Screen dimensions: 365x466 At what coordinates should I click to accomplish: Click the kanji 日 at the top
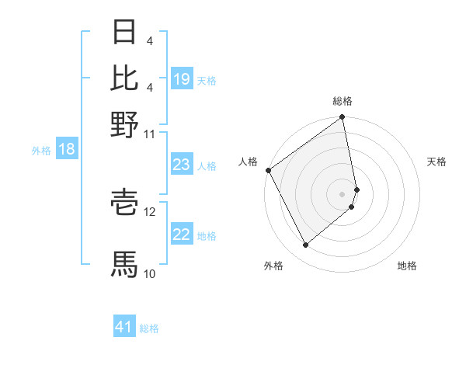[124, 33]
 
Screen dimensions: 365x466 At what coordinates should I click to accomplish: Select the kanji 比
[124, 78]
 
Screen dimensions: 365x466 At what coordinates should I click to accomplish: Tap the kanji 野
[124, 124]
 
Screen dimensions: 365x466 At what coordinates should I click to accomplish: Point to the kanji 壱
[124, 203]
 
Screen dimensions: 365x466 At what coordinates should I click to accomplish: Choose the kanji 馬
[124, 264]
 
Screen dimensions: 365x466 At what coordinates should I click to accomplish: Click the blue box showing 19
[182, 79]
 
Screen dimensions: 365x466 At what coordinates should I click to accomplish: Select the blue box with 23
[182, 165]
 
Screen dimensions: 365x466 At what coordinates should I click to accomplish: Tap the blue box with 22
[182, 235]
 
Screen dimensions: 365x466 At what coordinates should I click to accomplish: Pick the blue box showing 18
[67, 150]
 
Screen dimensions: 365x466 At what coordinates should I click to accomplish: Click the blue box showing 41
[124, 328]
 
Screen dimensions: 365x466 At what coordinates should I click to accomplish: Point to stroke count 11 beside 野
[149, 134]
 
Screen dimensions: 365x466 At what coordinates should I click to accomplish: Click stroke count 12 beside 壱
[150, 211]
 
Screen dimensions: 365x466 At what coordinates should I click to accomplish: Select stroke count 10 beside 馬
[149, 273]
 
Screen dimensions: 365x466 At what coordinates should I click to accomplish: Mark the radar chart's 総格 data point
[343, 118]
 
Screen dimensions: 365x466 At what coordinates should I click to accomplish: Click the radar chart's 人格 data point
[268, 170]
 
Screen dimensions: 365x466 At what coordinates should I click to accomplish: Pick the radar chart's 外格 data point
[305, 245]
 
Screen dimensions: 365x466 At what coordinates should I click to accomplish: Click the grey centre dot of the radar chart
[343, 193]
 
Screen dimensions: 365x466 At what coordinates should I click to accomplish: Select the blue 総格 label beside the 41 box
[149, 328]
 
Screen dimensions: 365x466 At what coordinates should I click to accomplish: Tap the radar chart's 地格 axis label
[407, 266]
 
